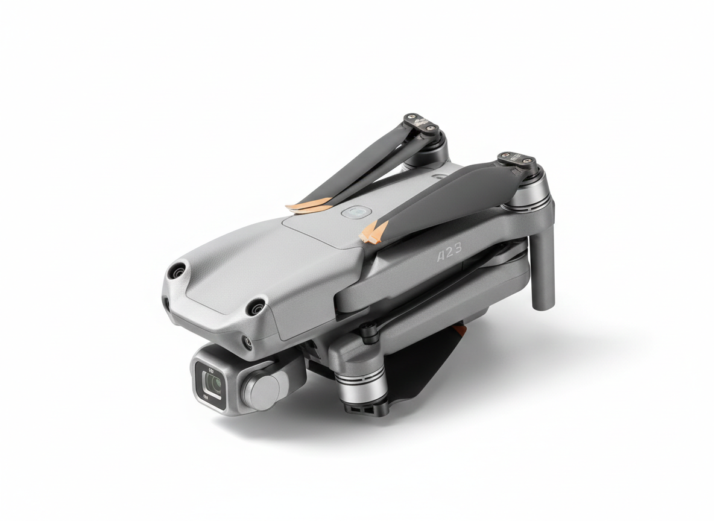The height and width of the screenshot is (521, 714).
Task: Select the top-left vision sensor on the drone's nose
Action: [x=177, y=271]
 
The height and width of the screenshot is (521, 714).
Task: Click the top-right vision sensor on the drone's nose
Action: [x=257, y=308]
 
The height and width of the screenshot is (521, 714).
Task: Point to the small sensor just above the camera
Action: [x=247, y=343]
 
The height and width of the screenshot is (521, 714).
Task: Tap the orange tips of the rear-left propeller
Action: [x=308, y=207]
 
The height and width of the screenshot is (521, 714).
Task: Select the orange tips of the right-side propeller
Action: [x=374, y=232]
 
